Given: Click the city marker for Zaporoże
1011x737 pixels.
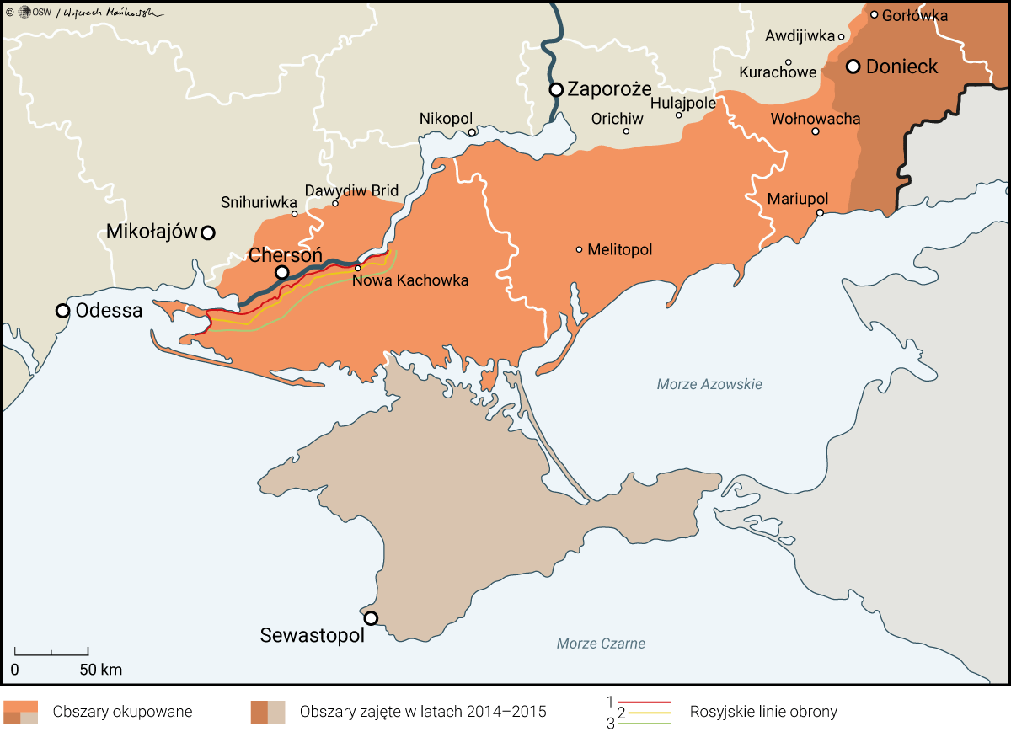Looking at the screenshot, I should coord(556,89).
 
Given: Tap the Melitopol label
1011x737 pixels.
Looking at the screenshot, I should coord(620,249).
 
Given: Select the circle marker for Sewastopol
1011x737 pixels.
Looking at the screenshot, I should coord(371,618).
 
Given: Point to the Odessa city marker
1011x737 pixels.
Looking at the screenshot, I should coord(62,311).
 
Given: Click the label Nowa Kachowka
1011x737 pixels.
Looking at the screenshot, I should coord(410,280).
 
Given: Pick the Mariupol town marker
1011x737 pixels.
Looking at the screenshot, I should coord(820,213).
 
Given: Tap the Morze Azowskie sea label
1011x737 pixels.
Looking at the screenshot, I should coord(709,384).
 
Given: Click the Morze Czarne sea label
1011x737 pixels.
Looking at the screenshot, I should coord(601,644).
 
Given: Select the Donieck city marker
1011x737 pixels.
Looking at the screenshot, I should coord(853,67).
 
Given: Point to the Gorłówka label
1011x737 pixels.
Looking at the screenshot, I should coord(915,15).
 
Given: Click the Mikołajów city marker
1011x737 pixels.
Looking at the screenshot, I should coord(207,232).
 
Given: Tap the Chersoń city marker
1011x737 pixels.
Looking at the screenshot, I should coord(282,272).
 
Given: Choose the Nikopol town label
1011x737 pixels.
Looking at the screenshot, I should coord(447,119).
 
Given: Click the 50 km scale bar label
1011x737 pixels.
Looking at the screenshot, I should coord(101,670).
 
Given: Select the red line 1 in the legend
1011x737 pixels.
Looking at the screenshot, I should coord(645,702).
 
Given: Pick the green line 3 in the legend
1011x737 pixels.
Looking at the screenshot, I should coord(645,724).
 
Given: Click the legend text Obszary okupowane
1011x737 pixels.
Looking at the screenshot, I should coord(122,712).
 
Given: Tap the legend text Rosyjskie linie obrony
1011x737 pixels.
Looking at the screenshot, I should coord(763,712).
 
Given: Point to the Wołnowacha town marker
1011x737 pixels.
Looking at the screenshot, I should coord(816,131).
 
